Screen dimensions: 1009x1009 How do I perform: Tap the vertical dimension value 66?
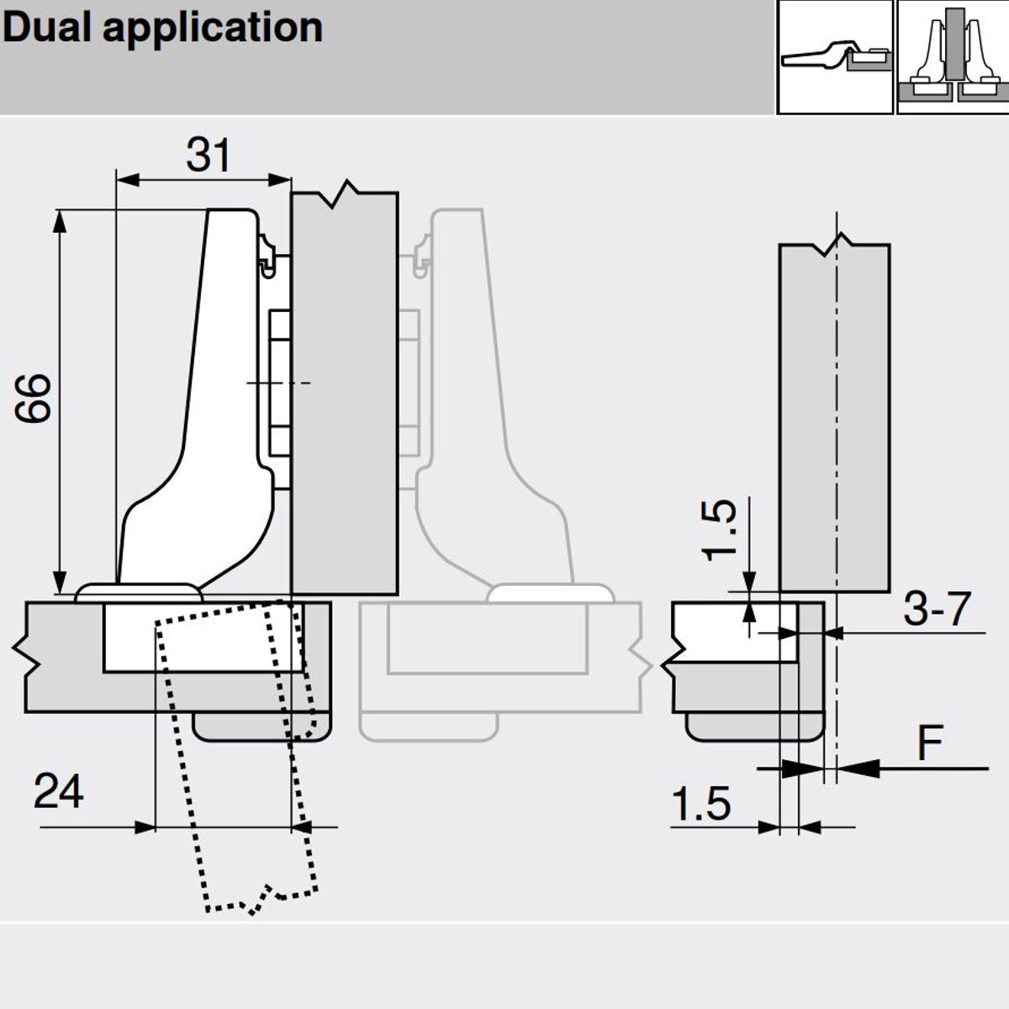(x=35, y=398)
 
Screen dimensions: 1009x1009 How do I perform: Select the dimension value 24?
(x=59, y=792)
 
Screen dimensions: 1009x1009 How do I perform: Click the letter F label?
(x=930, y=743)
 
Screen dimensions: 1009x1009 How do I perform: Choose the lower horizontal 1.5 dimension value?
(x=701, y=805)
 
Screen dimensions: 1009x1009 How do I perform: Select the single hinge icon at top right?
(x=834, y=56)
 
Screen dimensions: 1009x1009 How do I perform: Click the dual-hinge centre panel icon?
(x=952, y=56)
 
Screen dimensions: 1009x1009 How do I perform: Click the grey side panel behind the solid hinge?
(x=344, y=395)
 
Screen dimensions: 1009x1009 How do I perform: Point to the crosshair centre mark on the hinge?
(x=278, y=383)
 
